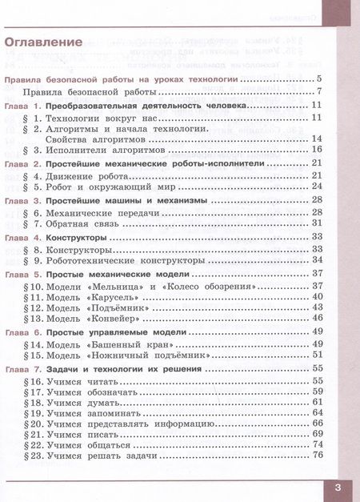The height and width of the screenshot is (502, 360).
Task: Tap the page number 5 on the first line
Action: (x=318, y=79)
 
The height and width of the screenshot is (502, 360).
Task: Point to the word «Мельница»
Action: (x=122, y=286)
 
